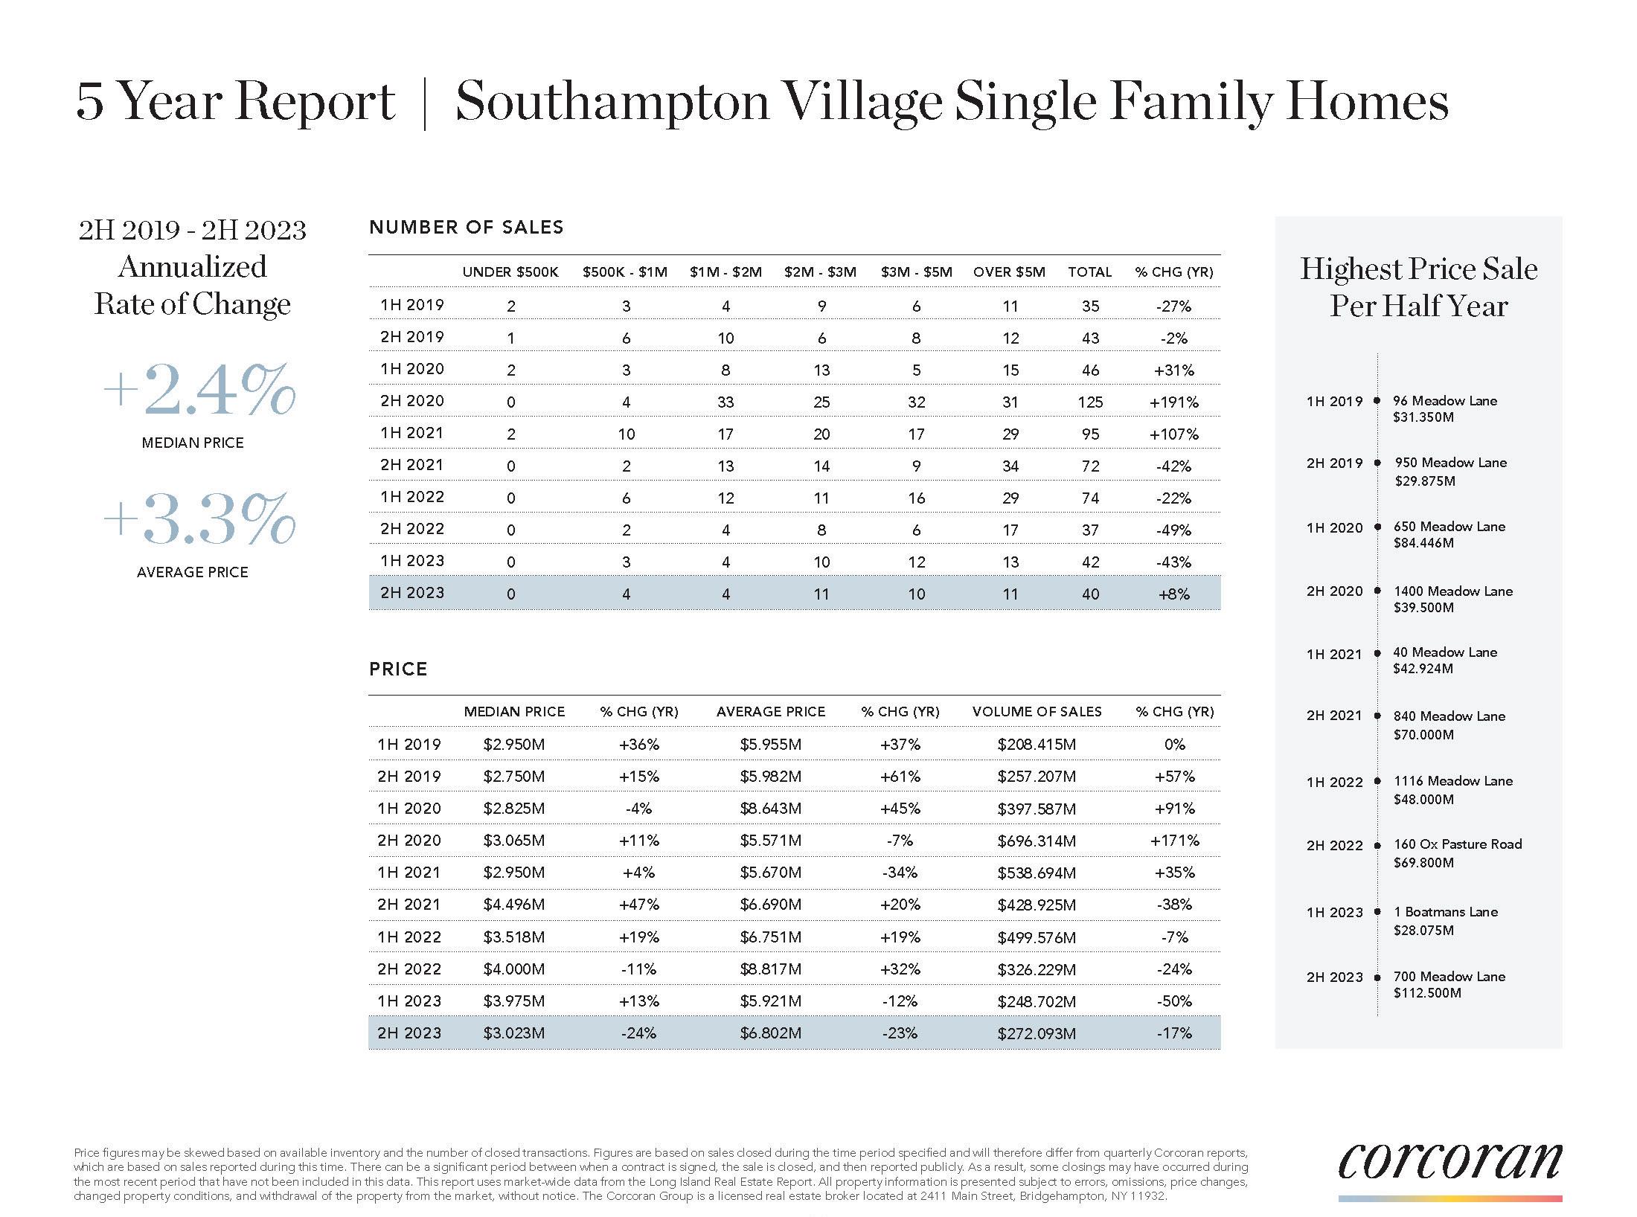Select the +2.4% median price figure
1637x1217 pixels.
[199, 390]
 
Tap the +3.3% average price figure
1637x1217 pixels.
[199, 518]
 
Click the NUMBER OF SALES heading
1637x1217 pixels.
[466, 228]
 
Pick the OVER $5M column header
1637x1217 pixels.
[1009, 272]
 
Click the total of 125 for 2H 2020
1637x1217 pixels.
[1090, 402]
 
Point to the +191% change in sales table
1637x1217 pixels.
[1173, 402]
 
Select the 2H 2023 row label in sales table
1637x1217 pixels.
[411, 593]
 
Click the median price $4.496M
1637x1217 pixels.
[513, 905]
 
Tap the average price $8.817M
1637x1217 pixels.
[770, 969]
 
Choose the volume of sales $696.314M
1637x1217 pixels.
[1037, 841]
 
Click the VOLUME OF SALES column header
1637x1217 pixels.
[1037, 712]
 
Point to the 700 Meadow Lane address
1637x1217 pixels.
[1449, 976]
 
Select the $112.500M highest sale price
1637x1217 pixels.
[1427, 993]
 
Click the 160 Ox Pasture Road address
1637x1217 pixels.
[1457, 844]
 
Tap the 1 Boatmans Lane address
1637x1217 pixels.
[1445, 912]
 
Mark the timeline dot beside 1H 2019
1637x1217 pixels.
[1377, 401]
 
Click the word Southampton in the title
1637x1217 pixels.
[612, 102]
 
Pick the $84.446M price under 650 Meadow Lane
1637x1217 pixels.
[1423, 543]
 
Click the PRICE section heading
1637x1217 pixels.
[398, 669]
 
